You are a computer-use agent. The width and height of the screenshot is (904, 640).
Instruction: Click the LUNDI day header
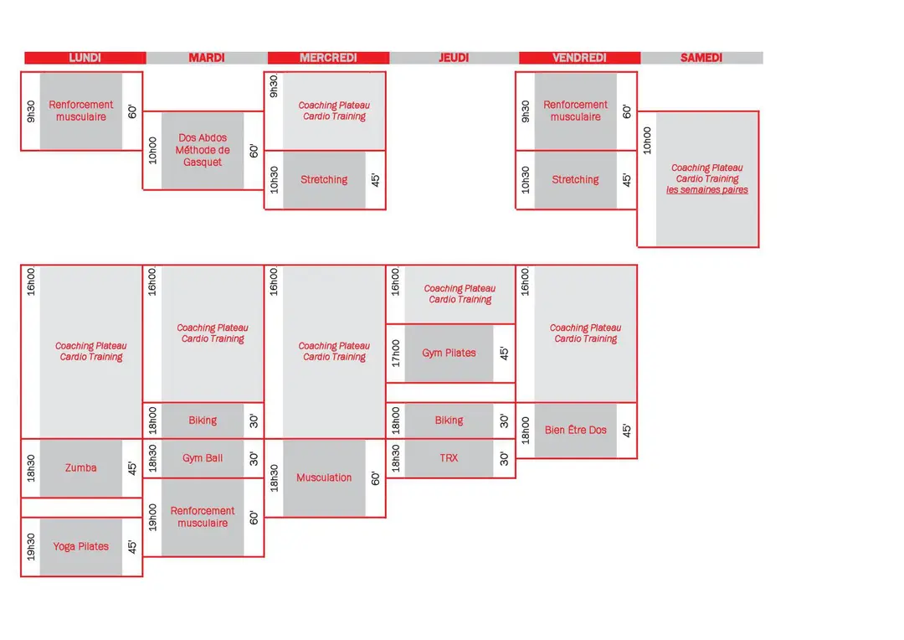point(85,58)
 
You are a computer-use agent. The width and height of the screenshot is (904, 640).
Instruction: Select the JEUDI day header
point(454,58)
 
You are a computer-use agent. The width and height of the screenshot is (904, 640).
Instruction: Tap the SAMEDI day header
point(701,58)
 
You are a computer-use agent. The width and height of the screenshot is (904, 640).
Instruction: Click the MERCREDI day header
point(328,58)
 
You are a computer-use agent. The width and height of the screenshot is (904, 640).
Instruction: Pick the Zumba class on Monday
point(80,468)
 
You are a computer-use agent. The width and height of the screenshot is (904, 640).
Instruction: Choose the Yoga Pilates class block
point(80,546)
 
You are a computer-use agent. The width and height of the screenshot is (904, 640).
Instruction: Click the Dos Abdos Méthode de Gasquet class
point(203,150)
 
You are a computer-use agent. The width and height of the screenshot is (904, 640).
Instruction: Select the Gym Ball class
point(203,458)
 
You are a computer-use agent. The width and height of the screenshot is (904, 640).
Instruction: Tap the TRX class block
point(449,458)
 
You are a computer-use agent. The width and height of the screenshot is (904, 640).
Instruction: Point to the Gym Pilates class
point(449,354)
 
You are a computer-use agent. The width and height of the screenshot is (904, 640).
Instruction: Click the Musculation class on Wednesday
point(324,477)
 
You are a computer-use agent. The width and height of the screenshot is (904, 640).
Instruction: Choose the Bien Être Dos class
point(575,430)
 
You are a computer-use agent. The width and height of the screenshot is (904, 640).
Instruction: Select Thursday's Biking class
point(449,421)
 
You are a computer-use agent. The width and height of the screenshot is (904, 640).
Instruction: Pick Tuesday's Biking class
point(203,421)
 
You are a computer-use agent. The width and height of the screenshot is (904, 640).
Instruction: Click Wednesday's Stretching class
point(324,180)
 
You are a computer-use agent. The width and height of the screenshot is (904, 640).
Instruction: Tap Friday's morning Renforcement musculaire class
point(575,111)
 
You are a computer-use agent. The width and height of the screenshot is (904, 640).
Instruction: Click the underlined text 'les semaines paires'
point(706,190)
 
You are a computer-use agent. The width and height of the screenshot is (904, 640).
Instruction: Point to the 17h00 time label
point(395,354)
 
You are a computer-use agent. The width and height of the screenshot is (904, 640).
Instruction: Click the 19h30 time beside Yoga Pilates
point(31,546)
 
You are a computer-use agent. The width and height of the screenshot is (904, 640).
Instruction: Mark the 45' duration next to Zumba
point(132,468)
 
